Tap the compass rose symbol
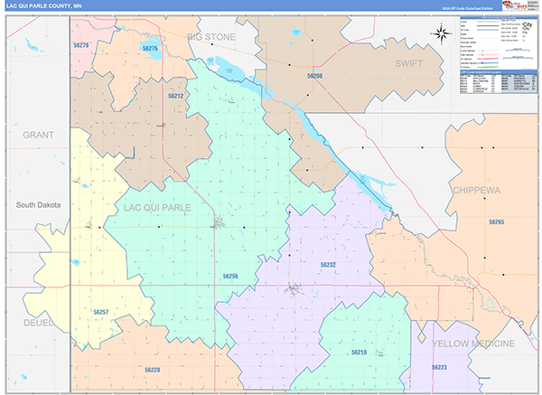tap(441, 34)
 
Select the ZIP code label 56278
tap(81, 44)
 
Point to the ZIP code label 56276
tap(150, 49)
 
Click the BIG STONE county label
tap(210, 37)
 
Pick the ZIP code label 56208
tap(313, 77)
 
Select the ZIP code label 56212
tap(175, 95)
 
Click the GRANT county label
tap(39, 135)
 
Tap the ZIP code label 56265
tap(496, 221)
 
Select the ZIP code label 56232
tap(327, 265)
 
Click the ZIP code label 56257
tap(100, 312)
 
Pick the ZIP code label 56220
tap(152, 370)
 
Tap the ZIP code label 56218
tap(359, 352)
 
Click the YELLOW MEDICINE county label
tap(474, 344)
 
